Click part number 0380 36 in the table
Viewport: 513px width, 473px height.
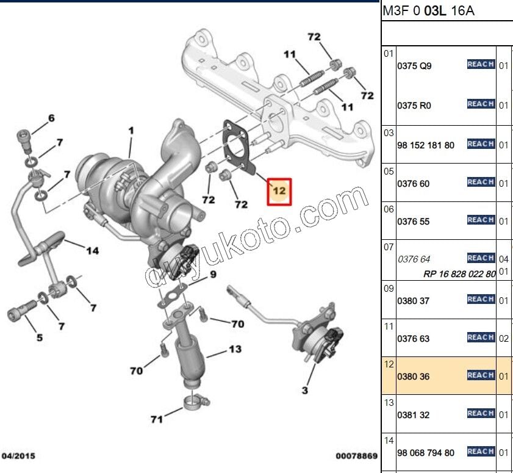click(413, 377)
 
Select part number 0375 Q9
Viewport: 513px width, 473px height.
click(414, 66)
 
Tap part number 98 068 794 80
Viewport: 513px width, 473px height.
click(425, 453)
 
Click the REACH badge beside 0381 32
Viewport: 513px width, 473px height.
click(480, 414)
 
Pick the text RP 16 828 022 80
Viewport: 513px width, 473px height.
click(459, 274)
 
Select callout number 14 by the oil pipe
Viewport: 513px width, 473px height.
click(92, 250)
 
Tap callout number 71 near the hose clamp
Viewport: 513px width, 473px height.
click(157, 419)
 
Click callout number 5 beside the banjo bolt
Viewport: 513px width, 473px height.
click(40, 338)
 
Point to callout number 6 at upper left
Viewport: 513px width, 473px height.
click(51, 118)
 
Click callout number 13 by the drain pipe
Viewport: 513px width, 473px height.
click(235, 350)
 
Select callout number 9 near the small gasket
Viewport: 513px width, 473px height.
click(213, 275)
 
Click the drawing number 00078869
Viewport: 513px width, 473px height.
click(356, 456)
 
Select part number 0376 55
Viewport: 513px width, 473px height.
click(413, 222)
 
